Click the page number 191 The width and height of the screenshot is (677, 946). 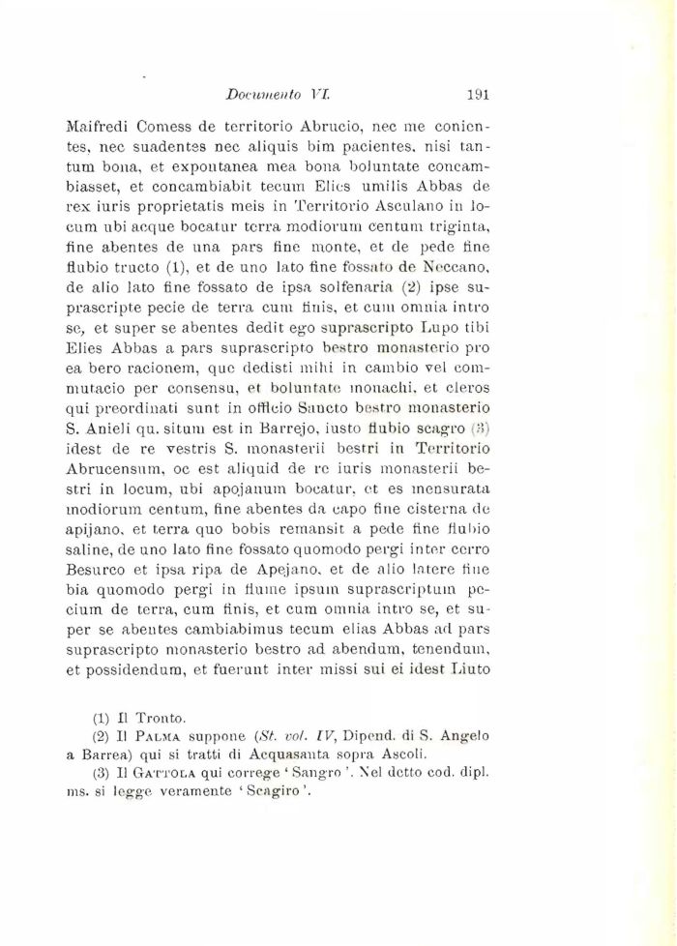(480, 95)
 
